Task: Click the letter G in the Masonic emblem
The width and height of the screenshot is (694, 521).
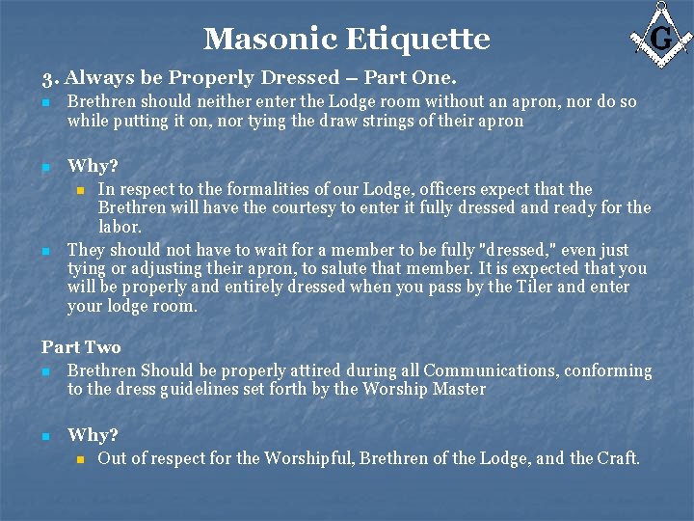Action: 660,38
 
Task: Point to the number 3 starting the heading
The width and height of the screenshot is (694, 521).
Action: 46,78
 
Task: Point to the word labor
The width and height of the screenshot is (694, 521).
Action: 120,227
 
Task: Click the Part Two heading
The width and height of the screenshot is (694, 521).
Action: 81,347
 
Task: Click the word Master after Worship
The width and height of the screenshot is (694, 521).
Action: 459,390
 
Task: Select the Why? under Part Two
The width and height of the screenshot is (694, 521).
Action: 93,435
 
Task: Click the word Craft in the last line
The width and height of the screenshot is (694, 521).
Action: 617,458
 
